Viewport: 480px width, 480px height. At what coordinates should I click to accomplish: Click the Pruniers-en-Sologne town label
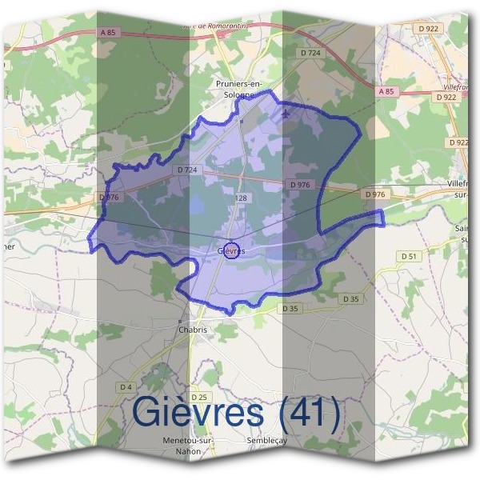[x=240, y=88]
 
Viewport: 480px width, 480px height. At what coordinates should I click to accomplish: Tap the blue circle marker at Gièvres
[x=232, y=250]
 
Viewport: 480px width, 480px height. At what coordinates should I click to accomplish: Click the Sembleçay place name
[x=268, y=441]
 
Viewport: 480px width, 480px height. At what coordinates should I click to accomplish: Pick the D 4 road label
[x=125, y=386]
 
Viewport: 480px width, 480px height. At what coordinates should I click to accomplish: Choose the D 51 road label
[x=409, y=256]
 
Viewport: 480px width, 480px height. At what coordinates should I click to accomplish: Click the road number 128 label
[x=241, y=197]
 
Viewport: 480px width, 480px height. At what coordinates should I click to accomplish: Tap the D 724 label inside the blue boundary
[x=185, y=170]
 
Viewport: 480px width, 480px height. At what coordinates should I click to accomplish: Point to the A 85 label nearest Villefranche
[x=385, y=92]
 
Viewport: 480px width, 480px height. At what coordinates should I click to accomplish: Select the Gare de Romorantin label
[x=216, y=25]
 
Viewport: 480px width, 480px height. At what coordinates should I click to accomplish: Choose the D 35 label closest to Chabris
[x=290, y=308]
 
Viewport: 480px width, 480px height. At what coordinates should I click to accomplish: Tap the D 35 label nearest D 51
[x=350, y=298]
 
